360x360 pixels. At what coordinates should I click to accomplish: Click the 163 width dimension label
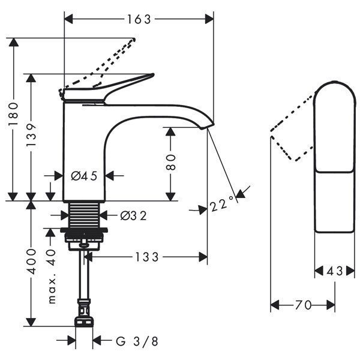click(x=139, y=19)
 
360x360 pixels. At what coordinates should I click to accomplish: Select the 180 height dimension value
click(x=13, y=114)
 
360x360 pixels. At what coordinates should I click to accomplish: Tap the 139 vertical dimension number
click(x=31, y=137)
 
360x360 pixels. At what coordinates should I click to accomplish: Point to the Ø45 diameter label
click(x=84, y=176)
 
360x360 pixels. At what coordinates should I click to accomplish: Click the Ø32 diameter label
click(x=133, y=215)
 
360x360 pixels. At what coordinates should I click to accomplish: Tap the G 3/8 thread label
click(x=137, y=341)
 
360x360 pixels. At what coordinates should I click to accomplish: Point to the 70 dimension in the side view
click(x=303, y=305)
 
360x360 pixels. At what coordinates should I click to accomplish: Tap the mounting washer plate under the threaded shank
click(x=84, y=230)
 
